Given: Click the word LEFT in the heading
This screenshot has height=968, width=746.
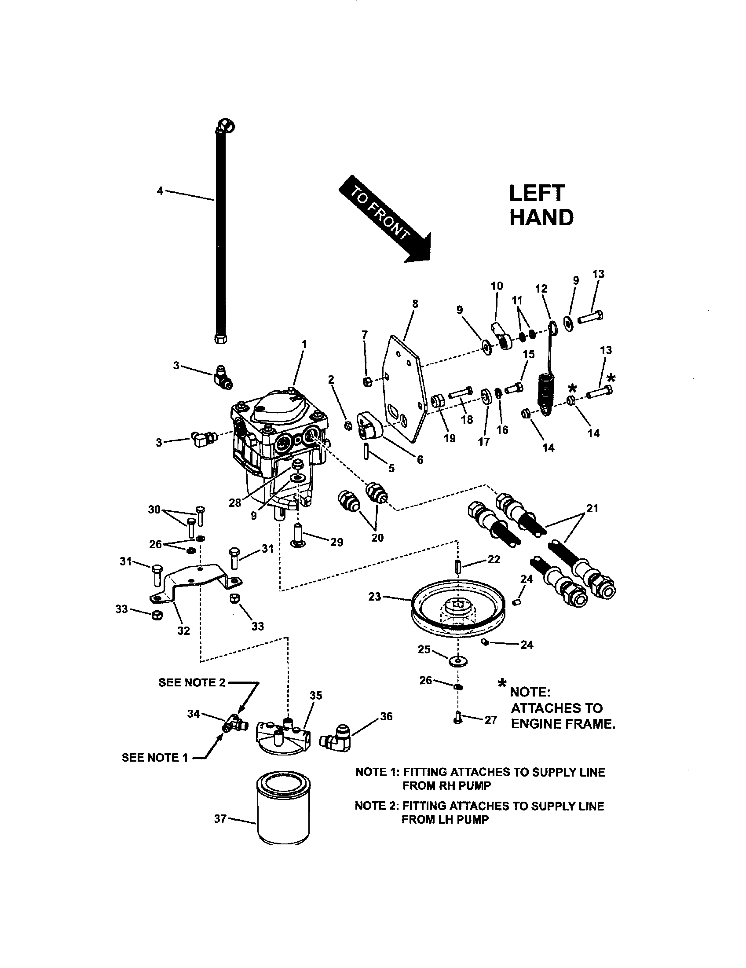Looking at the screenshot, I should point(537,194).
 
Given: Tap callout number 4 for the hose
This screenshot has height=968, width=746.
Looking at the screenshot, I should point(160,191).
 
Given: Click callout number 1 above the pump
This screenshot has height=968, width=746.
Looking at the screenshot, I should point(304,345).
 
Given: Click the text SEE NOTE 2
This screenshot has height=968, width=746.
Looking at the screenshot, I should point(192,682).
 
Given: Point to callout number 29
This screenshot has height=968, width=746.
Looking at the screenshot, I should point(336,542).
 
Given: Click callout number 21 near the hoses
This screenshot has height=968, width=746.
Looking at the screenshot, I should point(592,508).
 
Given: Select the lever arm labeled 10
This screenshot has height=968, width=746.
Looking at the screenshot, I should point(501,337).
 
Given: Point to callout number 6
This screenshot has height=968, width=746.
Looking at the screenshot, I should point(420,460).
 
